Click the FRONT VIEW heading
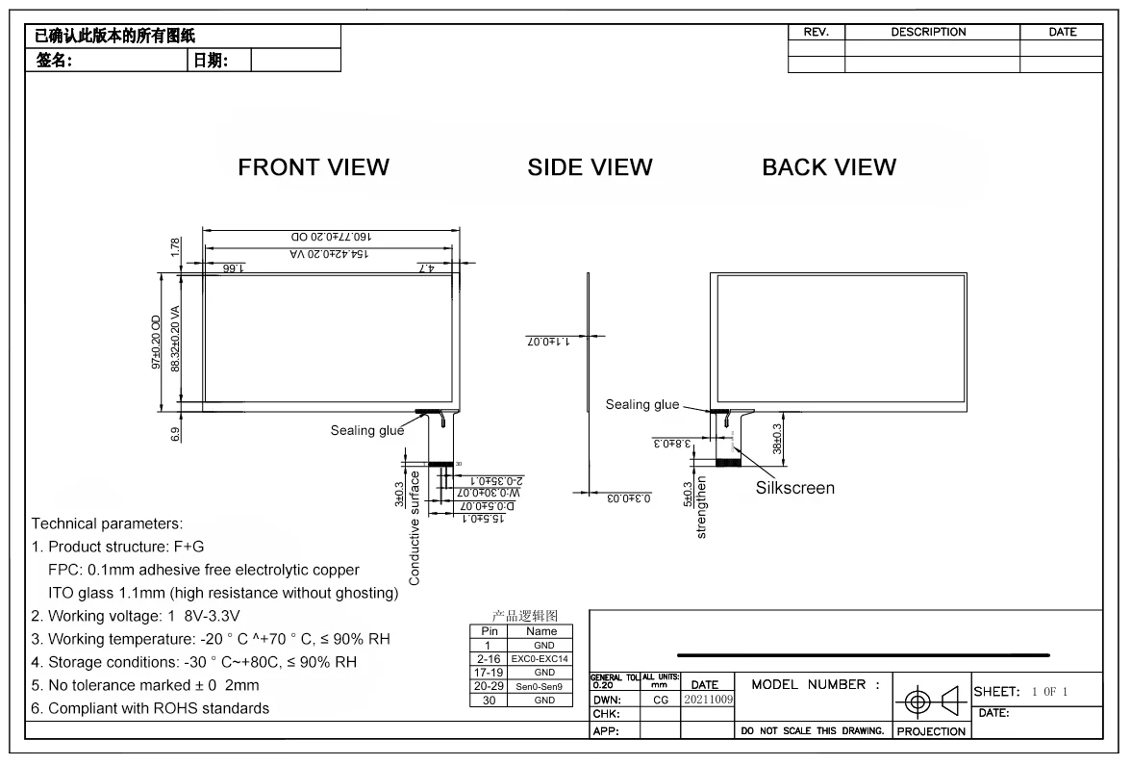(314, 167)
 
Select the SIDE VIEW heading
(590, 167)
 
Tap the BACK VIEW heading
(829, 167)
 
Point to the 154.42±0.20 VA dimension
(329, 254)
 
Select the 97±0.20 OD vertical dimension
(156, 341)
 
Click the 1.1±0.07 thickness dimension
(548, 341)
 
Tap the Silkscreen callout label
(794, 488)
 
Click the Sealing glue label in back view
(641, 405)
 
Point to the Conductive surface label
(415, 527)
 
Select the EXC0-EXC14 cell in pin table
(540, 658)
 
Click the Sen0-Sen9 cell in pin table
(540, 686)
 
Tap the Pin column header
(489, 631)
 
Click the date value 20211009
(707, 700)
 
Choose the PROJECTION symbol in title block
(931, 701)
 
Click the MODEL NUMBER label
(816, 685)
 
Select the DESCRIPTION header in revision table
(928, 32)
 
